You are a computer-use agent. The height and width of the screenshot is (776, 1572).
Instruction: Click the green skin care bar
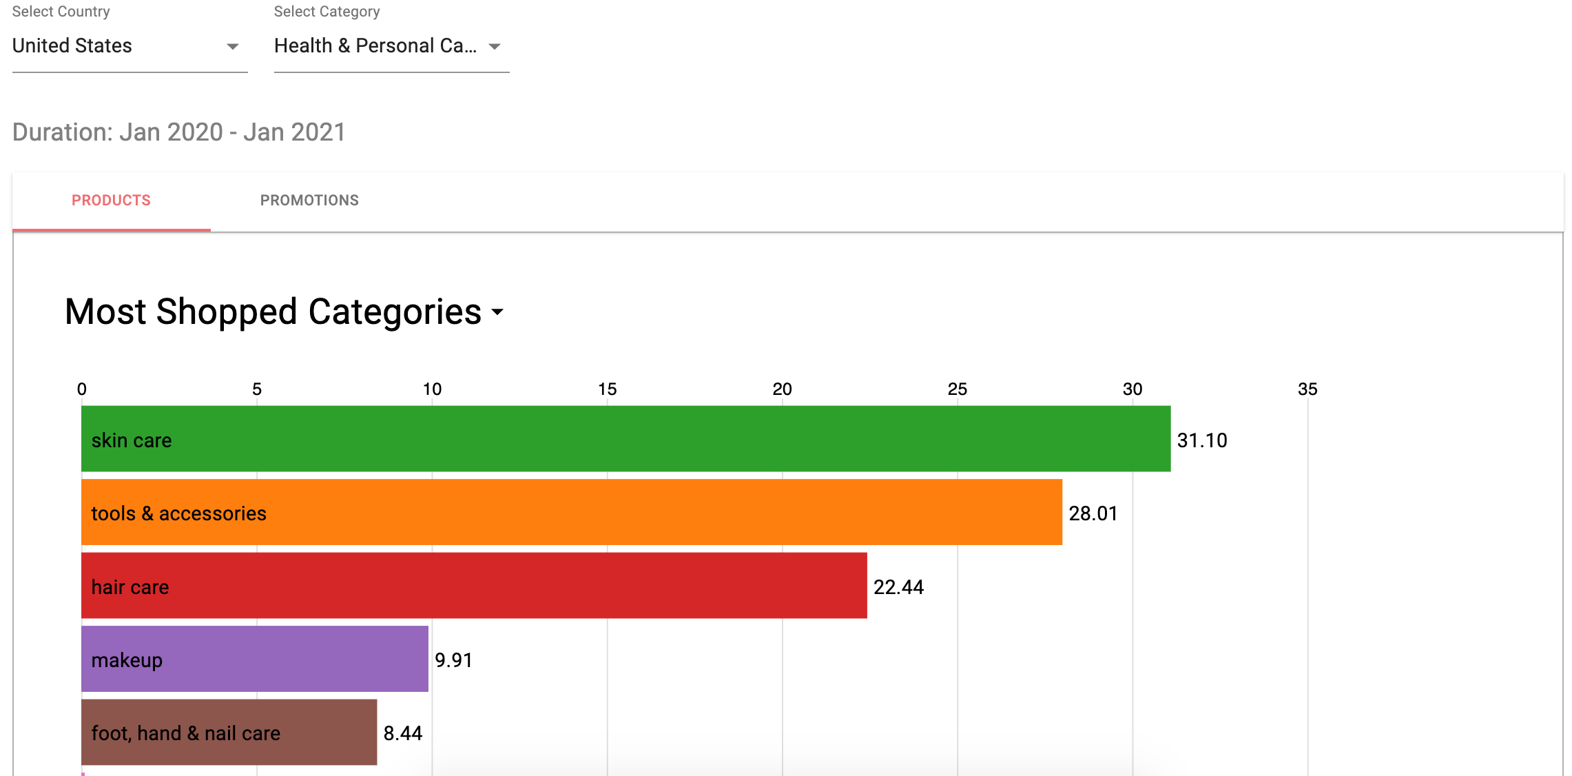point(625,439)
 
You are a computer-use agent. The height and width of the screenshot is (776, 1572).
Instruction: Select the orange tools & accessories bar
point(572,512)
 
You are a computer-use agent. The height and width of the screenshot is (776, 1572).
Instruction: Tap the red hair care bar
point(474,586)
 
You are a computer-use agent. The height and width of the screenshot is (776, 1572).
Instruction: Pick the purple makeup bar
point(255,659)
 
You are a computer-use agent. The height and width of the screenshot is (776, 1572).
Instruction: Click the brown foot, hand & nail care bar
point(229,733)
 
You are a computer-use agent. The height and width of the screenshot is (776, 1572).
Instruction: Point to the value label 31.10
point(1202,440)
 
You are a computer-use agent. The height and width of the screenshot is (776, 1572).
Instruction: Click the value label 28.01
point(1093,513)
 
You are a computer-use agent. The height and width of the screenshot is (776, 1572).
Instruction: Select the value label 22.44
point(898,587)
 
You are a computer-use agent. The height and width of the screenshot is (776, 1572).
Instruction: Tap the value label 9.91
point(453,660)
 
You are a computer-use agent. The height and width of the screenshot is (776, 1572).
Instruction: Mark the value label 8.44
point(403,733)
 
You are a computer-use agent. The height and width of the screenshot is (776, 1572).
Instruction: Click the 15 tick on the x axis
point(607,389)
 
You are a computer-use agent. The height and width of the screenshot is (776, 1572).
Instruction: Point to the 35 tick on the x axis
point(1307,389)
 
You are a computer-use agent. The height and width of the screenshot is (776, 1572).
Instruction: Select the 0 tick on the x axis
point(82,389)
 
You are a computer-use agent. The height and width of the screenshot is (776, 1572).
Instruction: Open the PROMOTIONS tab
point(309,201)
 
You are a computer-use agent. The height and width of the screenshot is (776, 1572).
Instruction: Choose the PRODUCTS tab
point(111,201)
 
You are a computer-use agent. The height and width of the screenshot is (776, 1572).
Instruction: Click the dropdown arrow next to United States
point(233,47)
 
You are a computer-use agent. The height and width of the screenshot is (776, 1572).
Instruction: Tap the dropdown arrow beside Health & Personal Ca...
point(495,47)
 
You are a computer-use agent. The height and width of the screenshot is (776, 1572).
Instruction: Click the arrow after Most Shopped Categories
point(497,312)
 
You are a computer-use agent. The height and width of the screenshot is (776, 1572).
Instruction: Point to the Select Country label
point(61,12)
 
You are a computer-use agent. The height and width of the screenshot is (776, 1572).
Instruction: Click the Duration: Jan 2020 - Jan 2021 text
point(179,132)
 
